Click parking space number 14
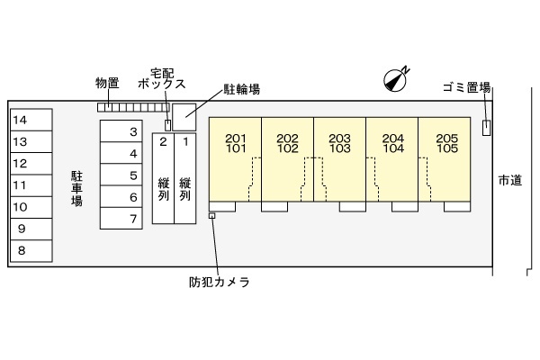30,120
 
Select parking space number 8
30,251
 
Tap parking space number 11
30,185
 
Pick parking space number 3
121,132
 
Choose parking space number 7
121,219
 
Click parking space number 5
121,175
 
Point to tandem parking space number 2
163,176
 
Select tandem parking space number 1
185,176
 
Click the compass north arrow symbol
396,79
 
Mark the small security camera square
212,216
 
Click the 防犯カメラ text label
220,282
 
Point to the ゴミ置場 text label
466,87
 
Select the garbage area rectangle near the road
487,127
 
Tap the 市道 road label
509,181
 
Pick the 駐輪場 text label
242,89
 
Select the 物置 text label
107,83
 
